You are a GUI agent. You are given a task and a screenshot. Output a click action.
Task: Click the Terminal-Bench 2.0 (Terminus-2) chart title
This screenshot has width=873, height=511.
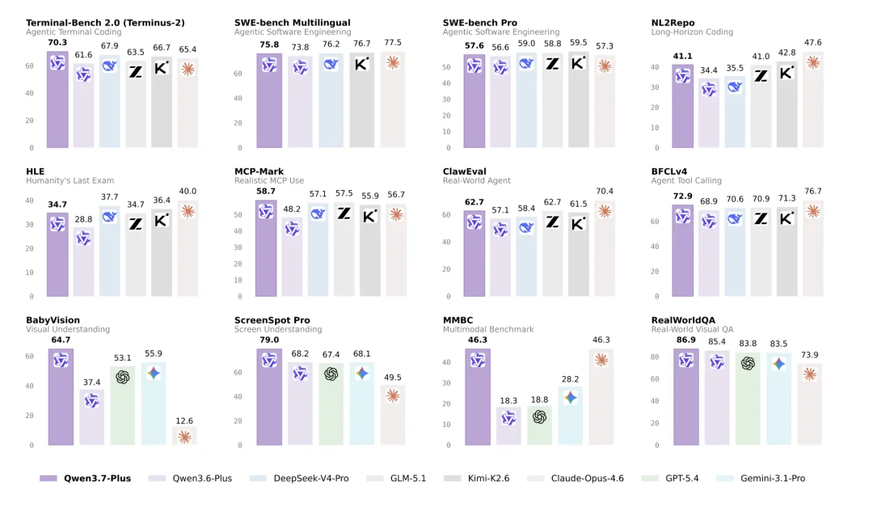tap(105, 23)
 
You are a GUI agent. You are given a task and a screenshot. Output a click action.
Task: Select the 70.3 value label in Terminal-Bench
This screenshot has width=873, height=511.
tap(57, 42)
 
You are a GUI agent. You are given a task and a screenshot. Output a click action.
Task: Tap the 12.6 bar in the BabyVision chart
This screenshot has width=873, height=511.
tap(185, 436)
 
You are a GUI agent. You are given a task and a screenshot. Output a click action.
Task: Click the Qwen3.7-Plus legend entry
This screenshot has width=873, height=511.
tap(85, 478)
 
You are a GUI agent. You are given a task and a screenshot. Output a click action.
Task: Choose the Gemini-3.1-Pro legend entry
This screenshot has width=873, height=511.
tap(761, 478)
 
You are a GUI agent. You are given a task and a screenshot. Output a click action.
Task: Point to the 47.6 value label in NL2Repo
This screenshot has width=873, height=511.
tap(813, 42)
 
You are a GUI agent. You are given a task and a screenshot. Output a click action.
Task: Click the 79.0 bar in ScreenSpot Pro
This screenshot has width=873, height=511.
tap(269, 397)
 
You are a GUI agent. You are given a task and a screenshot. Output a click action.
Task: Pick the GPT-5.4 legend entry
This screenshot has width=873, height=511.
tap(670, 478)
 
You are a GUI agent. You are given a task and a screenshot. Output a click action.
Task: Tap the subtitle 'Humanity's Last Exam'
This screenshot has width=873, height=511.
tap(70, 180)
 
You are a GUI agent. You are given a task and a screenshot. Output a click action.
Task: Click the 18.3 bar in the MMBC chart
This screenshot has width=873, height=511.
tap(508, 426)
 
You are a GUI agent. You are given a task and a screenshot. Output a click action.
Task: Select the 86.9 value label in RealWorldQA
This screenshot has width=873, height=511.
tap(686, 340)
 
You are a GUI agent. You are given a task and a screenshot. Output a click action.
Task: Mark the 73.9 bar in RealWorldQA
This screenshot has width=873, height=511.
tap(809, 404)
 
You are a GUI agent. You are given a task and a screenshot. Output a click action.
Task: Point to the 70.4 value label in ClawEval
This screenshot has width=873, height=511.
tap(604, 191)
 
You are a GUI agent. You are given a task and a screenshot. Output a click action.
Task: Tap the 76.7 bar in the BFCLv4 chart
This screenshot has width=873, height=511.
tap(813, 248)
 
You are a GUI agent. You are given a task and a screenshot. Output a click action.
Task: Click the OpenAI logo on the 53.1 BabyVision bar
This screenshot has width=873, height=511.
tap(123, 378)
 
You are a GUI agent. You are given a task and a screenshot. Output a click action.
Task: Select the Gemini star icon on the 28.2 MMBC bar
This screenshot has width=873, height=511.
tap(570, 398)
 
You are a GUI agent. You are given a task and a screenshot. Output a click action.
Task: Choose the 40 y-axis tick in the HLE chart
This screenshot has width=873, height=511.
tap(30, 201)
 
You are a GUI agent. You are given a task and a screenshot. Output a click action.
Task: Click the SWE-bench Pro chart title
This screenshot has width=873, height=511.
tap(480, 23)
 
